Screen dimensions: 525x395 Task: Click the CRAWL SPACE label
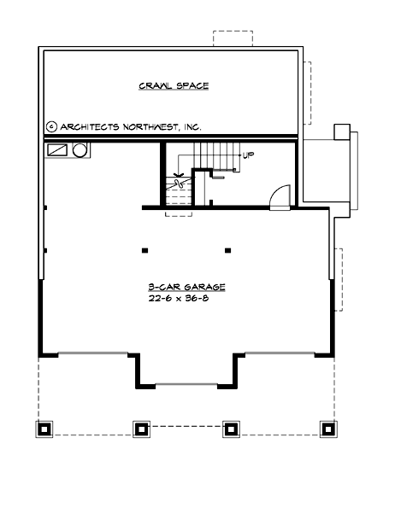click(x=174, y=86)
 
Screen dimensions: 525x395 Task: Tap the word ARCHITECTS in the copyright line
click(x=91, y=126)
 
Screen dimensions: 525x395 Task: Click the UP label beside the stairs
click(x=248, y=155)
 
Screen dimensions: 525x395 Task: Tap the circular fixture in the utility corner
click(x=80, y=150)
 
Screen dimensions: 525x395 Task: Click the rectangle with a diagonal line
click(x=57, y=150)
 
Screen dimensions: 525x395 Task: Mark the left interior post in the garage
click(x=144, y=251)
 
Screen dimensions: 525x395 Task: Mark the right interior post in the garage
click(x=227, y=251)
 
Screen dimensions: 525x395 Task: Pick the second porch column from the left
click(x=139, y=428)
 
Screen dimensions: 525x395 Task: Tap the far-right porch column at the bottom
click(x=326, y=428)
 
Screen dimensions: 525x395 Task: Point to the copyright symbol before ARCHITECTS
click(x=51, y=126)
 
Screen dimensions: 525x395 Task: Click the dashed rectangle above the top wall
click(x=232, y=39)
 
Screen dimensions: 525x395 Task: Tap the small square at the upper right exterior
click(x=341, y=131)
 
